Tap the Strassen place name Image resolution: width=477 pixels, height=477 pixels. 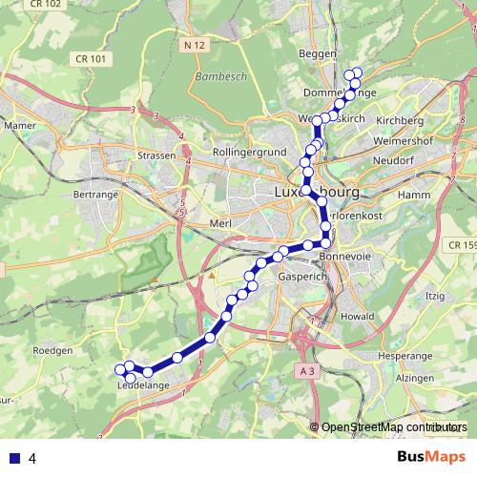pos(156,155)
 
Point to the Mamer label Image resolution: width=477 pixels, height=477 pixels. pos(19,125)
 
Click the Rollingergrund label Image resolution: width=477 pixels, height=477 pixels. pos(249,152)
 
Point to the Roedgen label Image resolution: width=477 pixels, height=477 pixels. pos(52,350)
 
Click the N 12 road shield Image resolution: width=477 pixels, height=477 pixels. pos(196,45)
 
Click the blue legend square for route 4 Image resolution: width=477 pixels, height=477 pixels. pos(14,458)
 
